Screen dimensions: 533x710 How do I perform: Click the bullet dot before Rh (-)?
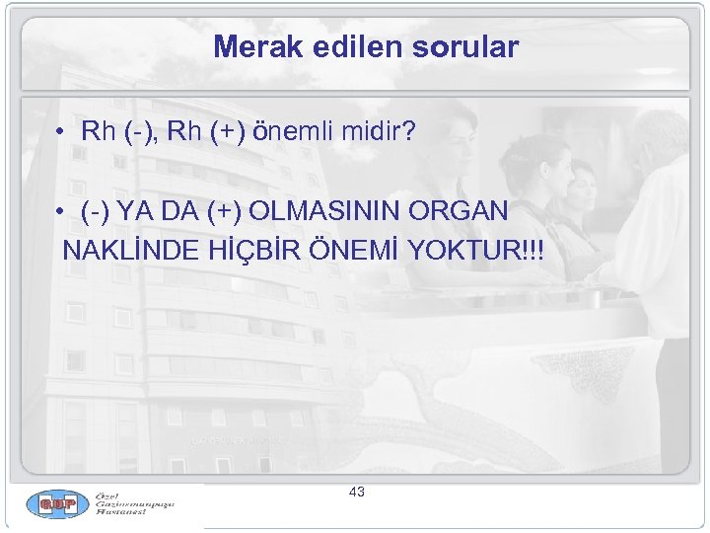click(61, 131)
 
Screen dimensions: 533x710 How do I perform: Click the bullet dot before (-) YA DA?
click(61, 211)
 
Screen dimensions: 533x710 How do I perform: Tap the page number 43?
click(357, 492)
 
